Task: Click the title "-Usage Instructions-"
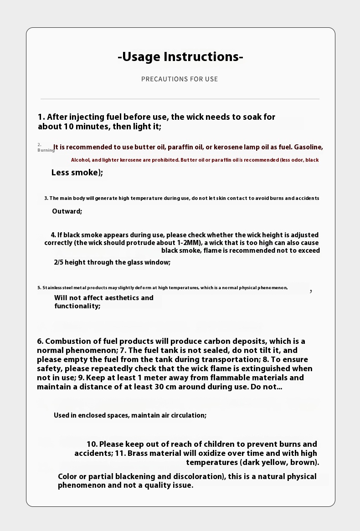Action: pyautogui.click(x=180, y=57)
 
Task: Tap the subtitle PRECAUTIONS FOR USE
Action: pyautogui.click(x=180, y=79)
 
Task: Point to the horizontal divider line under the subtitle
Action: pyautogui.click(x=180, y=99)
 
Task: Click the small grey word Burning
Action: pyautogui.click(x=46, y=150)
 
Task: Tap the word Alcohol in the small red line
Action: pyautogui.click(x=80, y=160)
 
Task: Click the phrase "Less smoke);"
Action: pyautogui.click(x=77, y=173)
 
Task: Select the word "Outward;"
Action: pyautogui.click(x=67, y=211)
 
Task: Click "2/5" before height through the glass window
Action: pyautogui.click(x=59, y=262)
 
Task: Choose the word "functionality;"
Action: pyautogui.click(x=77, y=306)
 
